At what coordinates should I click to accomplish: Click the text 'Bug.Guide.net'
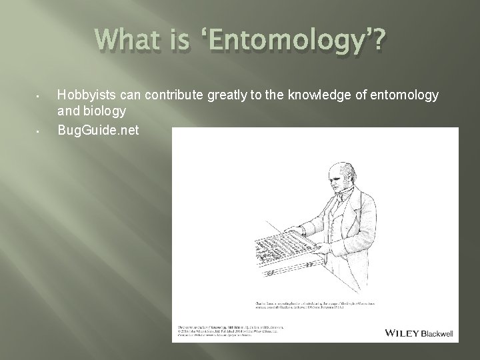pos(98,130)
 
